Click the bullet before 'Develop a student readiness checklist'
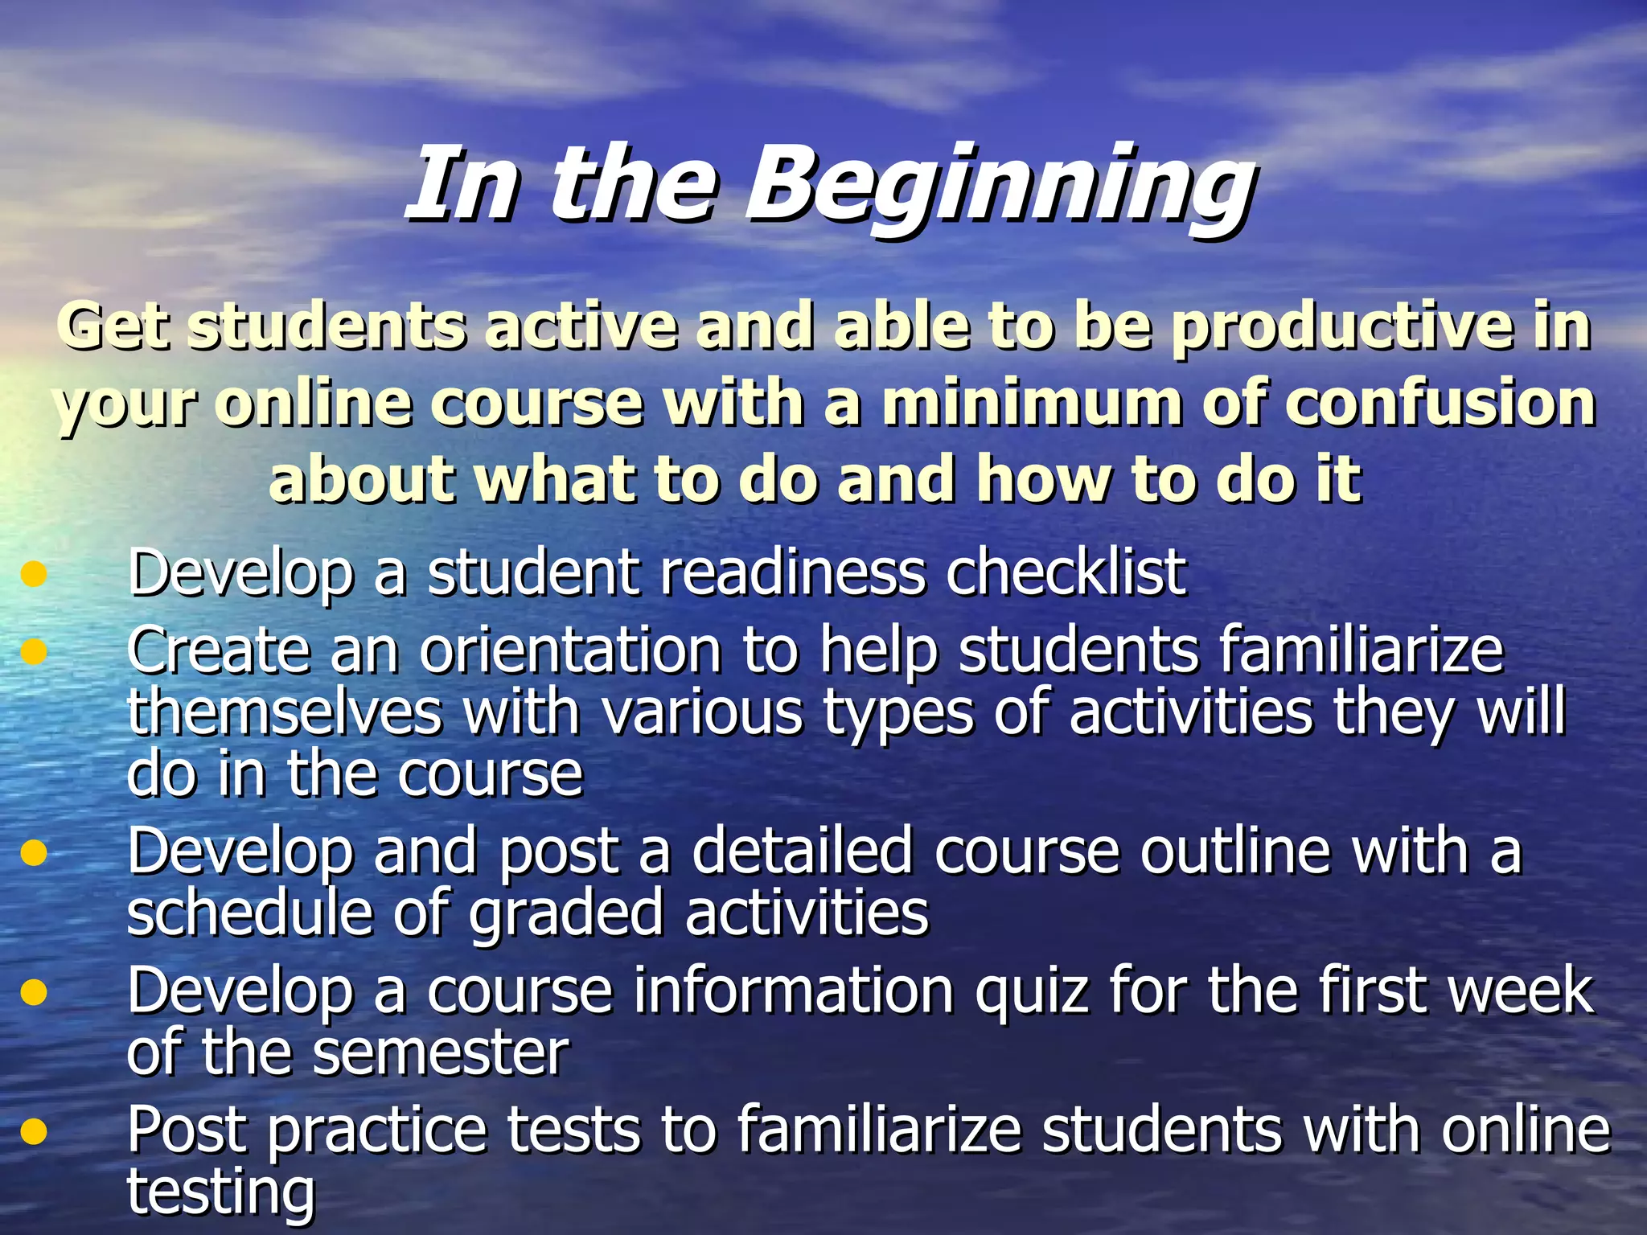(x=34, y=574)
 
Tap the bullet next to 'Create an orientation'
(x=34, y=650)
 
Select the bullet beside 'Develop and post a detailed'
(x=34, y=852)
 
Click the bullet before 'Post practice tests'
(x=34, y=1131)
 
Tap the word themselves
(x=284, y=712)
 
